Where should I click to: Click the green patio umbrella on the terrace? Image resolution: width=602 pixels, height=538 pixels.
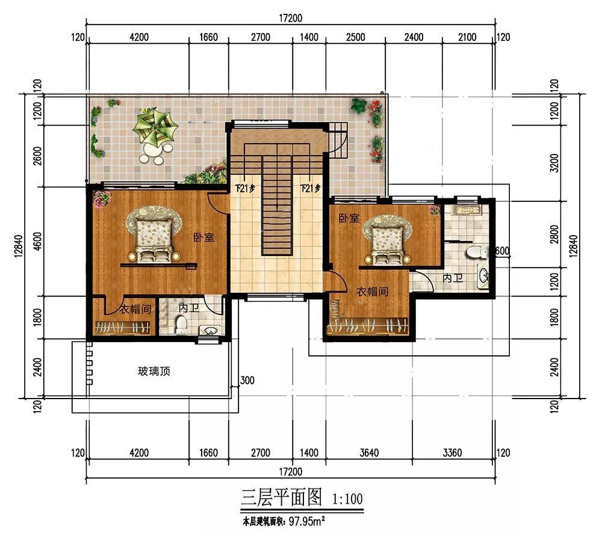[x=155, y=127]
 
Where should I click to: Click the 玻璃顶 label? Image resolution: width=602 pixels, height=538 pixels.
[x=154, y=371]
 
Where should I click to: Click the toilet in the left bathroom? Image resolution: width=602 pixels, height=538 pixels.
[x=181, y=325]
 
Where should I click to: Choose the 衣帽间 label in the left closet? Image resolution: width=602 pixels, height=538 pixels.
[x=135, y=309]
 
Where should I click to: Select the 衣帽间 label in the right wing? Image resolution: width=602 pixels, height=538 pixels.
[x=373, y=292]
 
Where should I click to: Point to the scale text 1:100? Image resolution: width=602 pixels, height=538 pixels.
[x=347, y=499]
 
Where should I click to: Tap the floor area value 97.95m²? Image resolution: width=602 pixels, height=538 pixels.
[x=307, y=522]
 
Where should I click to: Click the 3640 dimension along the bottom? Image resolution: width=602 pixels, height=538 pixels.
[x=369, y=453]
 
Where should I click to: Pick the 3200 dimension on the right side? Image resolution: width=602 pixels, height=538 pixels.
[x=554, y=163]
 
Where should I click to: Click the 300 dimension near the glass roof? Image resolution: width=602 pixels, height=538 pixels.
[x=247, y=381]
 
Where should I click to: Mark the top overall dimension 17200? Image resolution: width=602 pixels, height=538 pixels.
[x=291, y=18]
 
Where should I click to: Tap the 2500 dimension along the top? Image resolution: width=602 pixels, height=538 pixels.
[x=356, y=37]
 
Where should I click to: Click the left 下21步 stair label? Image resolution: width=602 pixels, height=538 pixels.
[x=246, y=188]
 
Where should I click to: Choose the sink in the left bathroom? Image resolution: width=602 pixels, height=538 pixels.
[x=209, y=330]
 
